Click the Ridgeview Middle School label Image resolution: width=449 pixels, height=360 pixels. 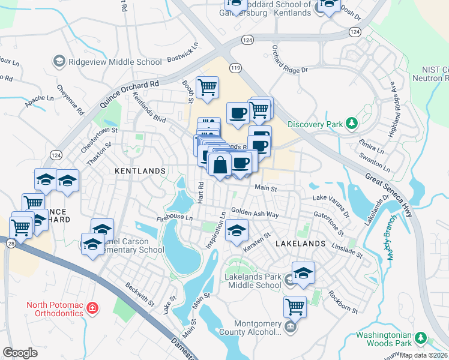click(x=115, y=62)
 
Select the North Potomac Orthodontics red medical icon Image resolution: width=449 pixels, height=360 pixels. click(x=92, y=308)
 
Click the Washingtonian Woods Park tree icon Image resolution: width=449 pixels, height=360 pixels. click(x=421, y=339)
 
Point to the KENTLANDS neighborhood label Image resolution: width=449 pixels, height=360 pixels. click(x=140, y=171)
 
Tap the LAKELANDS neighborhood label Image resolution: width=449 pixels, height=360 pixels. click(x=300, y=244)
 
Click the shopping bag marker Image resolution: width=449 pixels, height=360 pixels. click(x=220, y=164)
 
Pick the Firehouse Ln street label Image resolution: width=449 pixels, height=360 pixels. click(x=175, y=218)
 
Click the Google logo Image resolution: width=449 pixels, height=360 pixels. click(x=20, y=352)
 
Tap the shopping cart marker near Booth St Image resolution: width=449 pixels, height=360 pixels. click(x=207, y=88)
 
